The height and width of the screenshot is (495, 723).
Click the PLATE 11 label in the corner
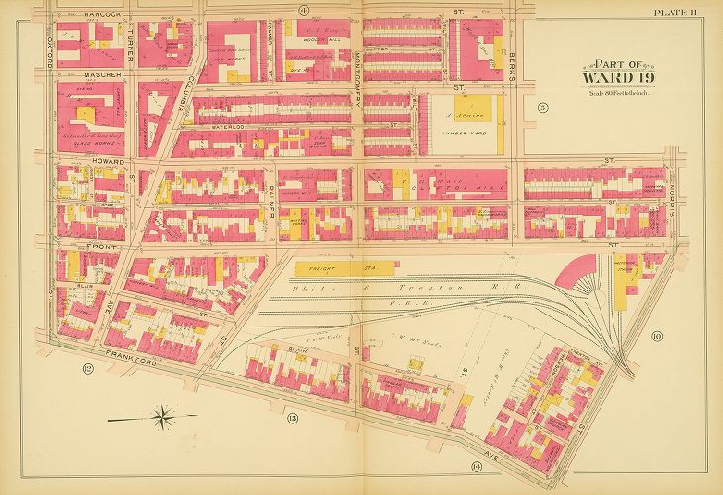[x=675, y=12]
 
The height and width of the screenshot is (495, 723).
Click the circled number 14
[x=476, y=466]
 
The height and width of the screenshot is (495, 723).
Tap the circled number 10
[x=656, y=336]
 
